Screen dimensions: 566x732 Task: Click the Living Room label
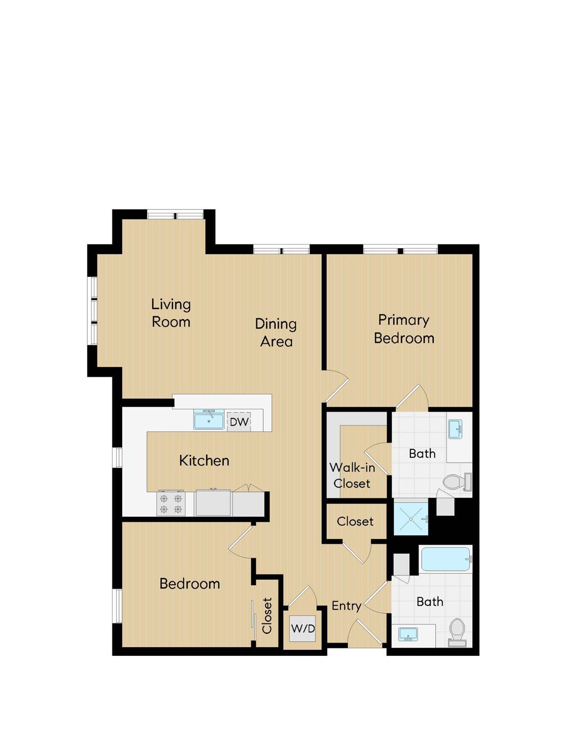[171, 313]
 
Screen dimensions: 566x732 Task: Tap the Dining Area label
[276, 333]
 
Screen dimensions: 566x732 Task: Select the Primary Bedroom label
[404, 329]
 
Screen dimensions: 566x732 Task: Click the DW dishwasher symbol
[239, 421]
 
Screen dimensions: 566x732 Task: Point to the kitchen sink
[209, 419]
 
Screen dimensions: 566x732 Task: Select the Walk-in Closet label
[352, 475]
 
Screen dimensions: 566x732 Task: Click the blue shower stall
[411, 519]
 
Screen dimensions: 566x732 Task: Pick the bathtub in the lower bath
[445, 559]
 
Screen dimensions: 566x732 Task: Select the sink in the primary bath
[455, 429]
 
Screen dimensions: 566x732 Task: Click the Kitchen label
[204, 460]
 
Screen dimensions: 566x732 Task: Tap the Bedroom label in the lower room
[189, 584]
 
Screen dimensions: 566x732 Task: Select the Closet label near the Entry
[355, 522]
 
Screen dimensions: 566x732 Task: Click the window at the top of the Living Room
[175, 215]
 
